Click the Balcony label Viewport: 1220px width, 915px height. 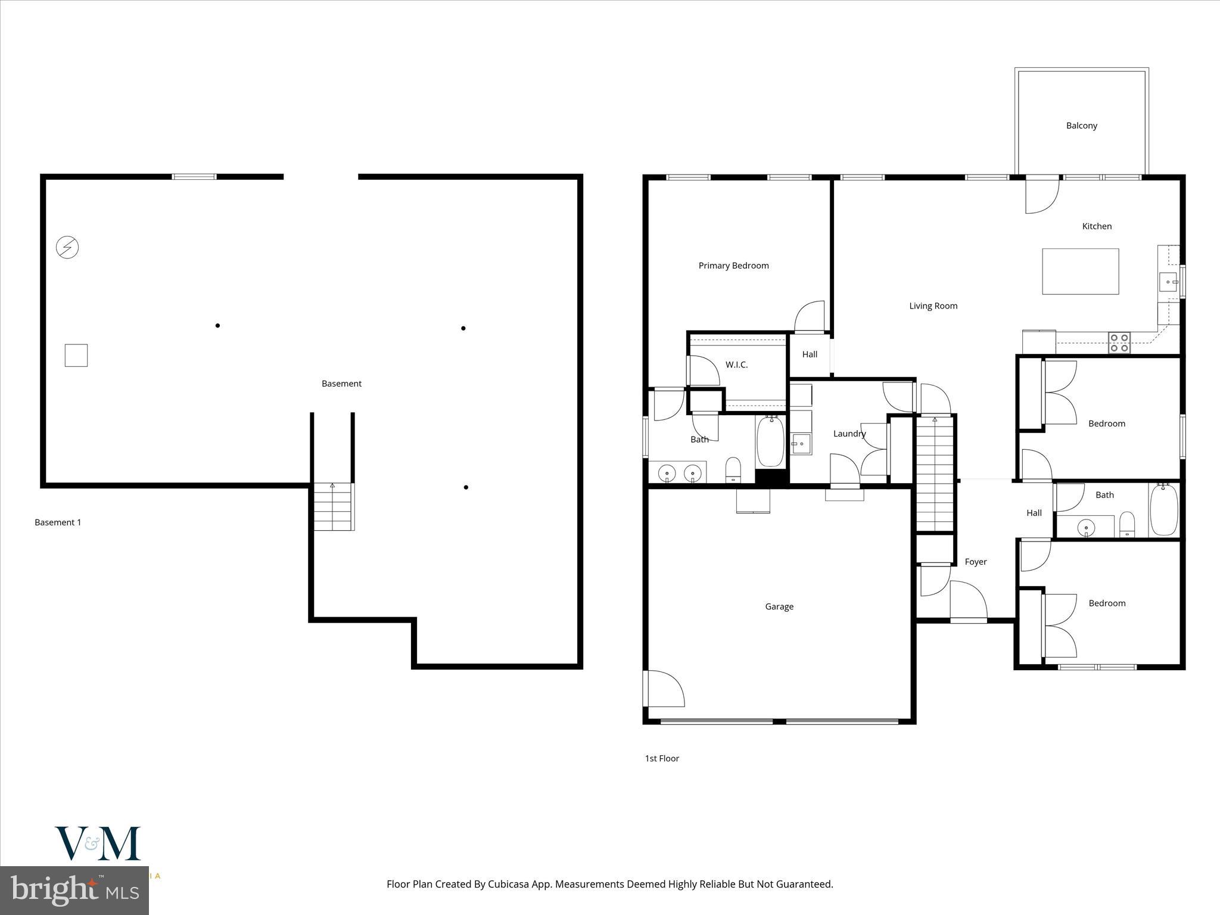(x=1081, y=126)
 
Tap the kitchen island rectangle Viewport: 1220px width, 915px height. (x=1080, y=272)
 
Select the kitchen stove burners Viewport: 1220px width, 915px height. (x=1119, y=343)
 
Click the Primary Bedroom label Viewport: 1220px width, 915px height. (x=733, y=266)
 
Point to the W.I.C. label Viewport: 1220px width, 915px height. (x=736, y=365)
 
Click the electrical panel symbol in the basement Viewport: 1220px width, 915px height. (x=67, y=247)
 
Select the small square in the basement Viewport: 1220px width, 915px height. (x=76, y=355)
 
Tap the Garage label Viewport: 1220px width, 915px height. (x=779, y=606)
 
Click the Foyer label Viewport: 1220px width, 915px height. (x=976, y=562)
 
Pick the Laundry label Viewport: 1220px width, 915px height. (x=849, y=434)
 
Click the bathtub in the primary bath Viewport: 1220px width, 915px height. (x=770, y=442)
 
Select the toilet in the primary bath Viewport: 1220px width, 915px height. (x=733, y=470)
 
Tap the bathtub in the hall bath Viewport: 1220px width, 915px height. (x=1163, y=509)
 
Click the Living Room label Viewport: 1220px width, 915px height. (x=933, y=306)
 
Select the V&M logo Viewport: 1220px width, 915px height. (x=98, y=844)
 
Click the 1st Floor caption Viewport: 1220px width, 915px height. (x=662, y=758)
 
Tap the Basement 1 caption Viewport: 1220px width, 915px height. (x=58, y=522)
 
